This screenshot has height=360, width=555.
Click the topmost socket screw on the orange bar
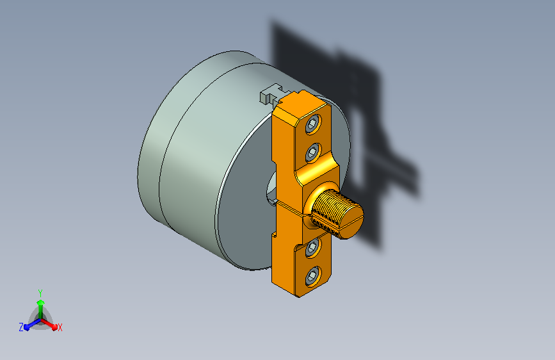coord(312,124)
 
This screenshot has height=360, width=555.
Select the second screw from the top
coord(312,152)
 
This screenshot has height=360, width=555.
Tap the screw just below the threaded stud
coord(312,248)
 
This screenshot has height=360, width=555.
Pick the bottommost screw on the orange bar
coord(312,276)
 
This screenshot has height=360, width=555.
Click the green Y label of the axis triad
coord(40,293)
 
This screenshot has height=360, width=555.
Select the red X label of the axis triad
coord(60,328)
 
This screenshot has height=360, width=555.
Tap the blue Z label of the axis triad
coord(21,327)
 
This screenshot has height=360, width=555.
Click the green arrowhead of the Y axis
coord(40,302)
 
